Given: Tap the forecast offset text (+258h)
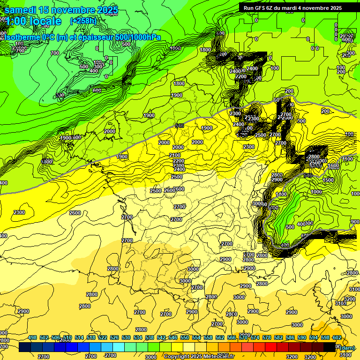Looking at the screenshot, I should (84, 21).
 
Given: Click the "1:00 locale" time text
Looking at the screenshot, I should (33, 21).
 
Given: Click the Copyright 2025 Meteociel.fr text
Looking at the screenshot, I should (199, 356).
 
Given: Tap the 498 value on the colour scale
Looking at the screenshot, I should (32, 337).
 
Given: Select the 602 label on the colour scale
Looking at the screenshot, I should (337, 337).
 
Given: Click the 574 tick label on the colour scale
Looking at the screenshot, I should (255, 337).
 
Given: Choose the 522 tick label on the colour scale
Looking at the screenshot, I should (103, 337).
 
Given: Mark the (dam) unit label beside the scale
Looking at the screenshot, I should (347, 347).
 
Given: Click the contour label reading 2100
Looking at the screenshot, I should (175, 155).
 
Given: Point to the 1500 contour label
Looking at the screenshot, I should (328, 180).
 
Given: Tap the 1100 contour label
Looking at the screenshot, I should (347, 159).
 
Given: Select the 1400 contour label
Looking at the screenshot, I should (281, 194).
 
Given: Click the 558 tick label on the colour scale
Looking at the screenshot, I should (208, 337).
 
